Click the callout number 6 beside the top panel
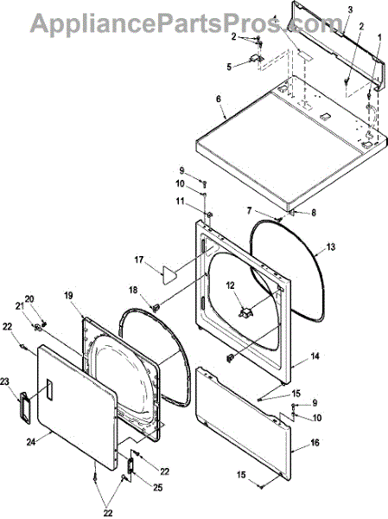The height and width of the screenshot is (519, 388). [x=219, y=99]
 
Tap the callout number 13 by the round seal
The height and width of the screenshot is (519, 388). [x=330, y=247]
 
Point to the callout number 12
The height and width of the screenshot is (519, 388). [x=230, y=285]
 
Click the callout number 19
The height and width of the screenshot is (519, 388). [x=68, y=295]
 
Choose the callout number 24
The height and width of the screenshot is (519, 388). [x=31, y=441]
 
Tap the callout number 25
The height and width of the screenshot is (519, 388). [x=158, y=488]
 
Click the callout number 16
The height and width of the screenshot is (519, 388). [x=315, y=442]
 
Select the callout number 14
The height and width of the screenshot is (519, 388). [x=315, y=356]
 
